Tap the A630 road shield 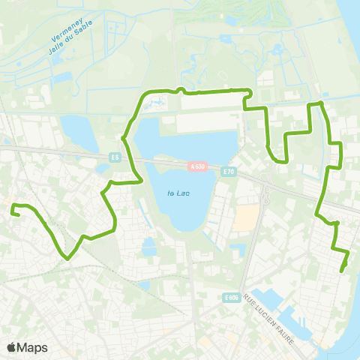(x=197, y=166)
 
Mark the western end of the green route (x=13, y=213)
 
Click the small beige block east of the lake (x=245, y=218)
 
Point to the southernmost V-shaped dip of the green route (x=68, y=259)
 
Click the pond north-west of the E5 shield (x=79, y=131)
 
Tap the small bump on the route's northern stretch (x=180, y=90)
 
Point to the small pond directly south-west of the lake (x=149, y=246)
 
